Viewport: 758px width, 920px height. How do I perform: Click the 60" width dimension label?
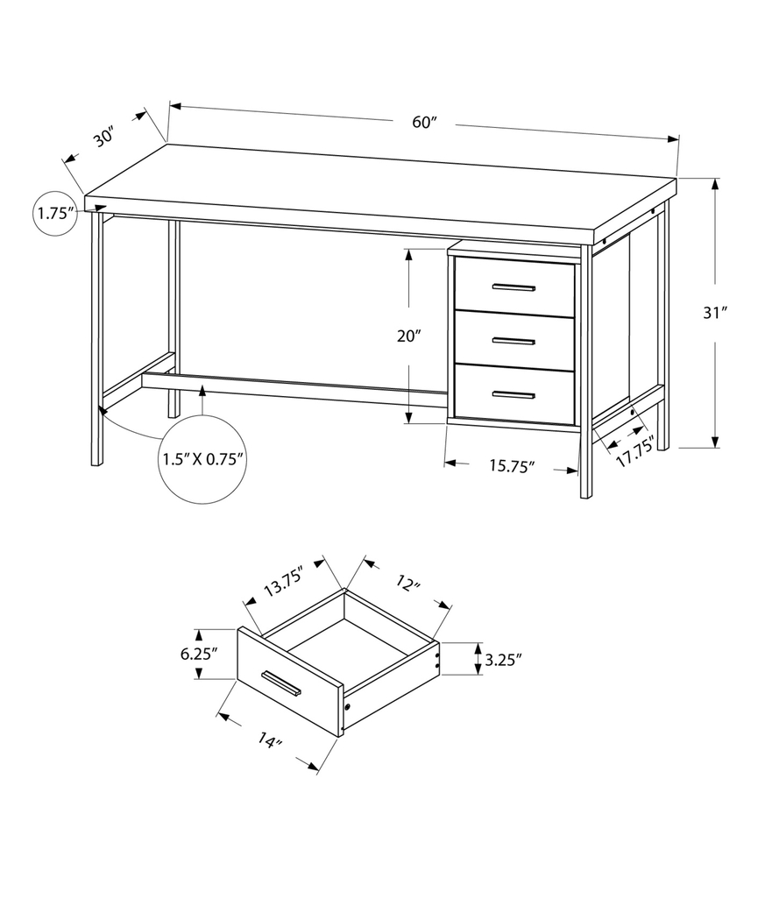click(x=424, y=123)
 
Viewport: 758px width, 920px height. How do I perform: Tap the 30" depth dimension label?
click(x=103, y=138)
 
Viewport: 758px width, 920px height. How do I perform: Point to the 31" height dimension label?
click(x=717, y=313)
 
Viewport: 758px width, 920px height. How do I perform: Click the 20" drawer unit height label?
click(x=409, y=336)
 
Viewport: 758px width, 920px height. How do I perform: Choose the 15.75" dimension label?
click(x=512, y=467)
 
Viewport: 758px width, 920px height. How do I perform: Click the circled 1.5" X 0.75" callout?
click(x=202, y=458)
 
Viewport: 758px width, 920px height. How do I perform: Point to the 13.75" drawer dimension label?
click(x=283, y=586)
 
